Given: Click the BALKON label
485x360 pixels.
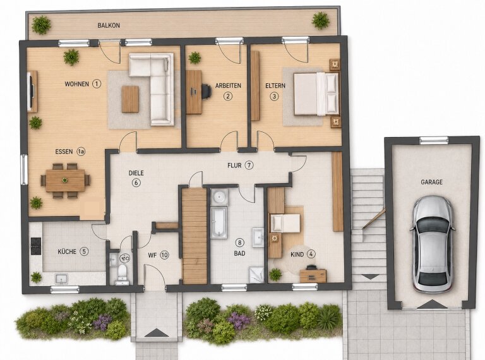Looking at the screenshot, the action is (109, 25).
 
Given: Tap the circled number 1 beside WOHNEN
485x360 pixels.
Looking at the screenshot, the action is (97, 84).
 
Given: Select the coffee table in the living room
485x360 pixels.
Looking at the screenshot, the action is (130, 99).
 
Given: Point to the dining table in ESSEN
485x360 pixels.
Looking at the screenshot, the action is (65, 180).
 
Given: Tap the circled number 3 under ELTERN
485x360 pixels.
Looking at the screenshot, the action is (274, 96).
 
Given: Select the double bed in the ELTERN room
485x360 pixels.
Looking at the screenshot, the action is (316, 94).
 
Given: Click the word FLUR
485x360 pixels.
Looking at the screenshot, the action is (234, 165).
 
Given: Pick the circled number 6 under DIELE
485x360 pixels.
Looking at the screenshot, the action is (136, 183).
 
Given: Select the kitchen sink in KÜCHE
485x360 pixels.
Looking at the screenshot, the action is (61, 279).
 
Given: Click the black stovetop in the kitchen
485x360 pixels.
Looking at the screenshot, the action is (36, 246).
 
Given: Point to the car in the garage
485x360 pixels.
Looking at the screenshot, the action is (433, 244).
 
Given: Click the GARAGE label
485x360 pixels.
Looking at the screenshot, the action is (431, 182).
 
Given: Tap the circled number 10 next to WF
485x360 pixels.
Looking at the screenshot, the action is (165, 255).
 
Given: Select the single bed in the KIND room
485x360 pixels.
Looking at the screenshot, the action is (285, 223).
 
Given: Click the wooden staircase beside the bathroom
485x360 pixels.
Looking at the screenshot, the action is (195, 236).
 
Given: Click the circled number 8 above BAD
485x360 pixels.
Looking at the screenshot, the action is (239, 243).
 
